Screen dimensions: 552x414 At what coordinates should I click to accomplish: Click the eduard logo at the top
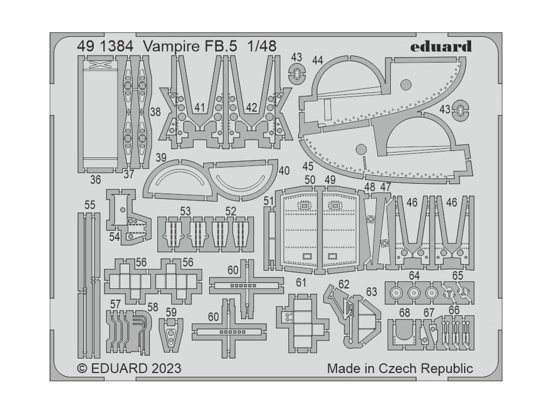click(440, 46)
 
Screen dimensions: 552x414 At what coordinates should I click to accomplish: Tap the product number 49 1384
click(106, 47)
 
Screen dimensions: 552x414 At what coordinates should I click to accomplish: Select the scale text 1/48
click(261, 47)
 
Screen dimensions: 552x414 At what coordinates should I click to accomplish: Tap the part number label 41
click(200, 108)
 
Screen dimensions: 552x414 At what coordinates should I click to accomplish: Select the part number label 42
click(251, 108)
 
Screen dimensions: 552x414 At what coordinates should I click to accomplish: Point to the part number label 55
click(90, 205)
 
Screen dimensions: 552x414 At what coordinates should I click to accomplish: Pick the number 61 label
click(301, 283)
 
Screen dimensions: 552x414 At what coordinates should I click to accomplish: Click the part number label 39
click(160, 157)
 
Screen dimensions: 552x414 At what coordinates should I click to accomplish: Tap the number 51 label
click(269, 201)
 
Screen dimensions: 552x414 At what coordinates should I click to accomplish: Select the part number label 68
click(405, 313)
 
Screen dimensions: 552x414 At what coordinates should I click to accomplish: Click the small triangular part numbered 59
click(170, 334)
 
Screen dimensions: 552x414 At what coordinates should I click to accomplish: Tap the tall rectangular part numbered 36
click(99, 116)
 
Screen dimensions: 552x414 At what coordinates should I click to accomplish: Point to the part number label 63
click(371, 292)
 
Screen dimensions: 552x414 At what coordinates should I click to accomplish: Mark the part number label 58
click(153, 307)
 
